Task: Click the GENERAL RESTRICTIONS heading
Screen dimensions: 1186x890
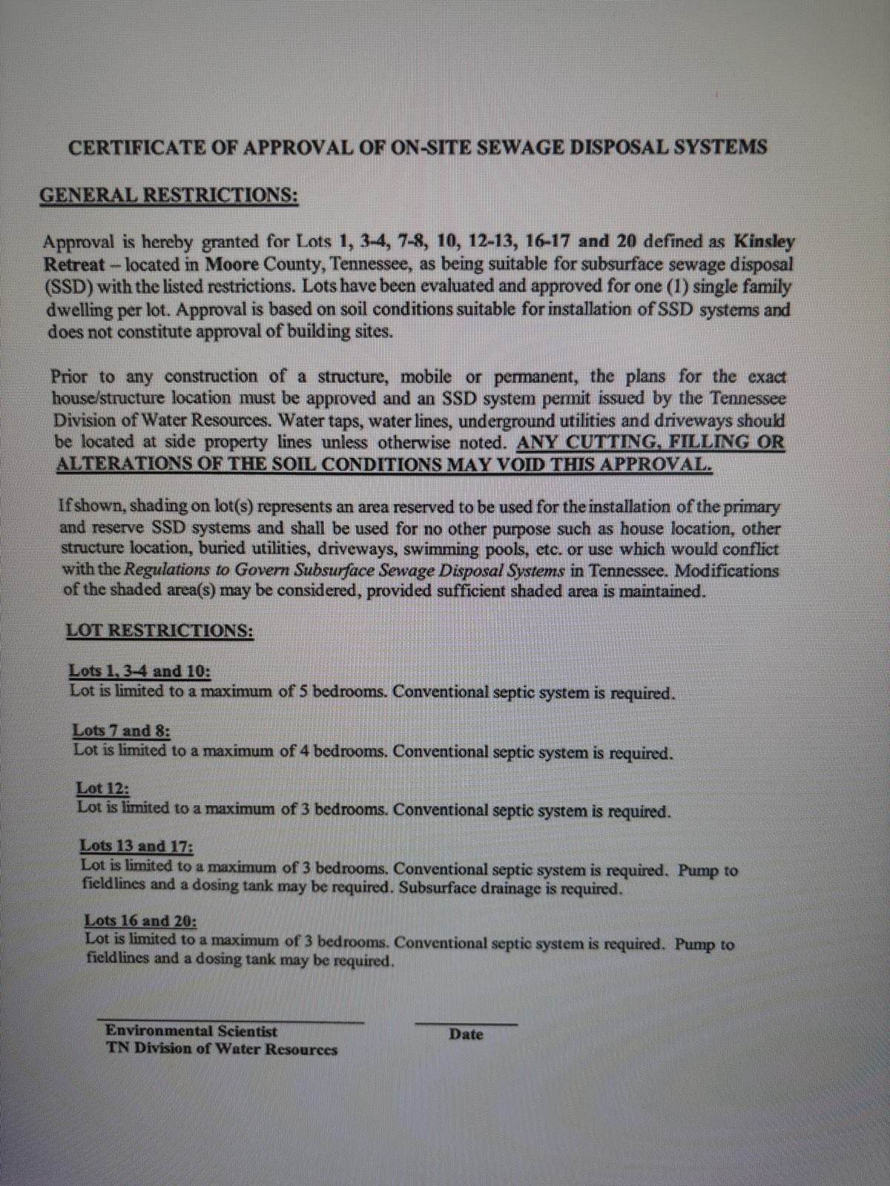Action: [x=168, y=196]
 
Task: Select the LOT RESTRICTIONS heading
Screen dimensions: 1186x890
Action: [x=159, y=632]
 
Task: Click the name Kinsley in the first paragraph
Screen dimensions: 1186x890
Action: [x=763, y=242]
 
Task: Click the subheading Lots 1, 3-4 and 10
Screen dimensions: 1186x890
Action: [x=139, y=672]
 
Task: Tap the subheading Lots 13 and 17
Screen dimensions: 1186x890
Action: [x=136, y=846]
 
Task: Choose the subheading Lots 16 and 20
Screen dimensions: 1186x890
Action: [x=140, y=921]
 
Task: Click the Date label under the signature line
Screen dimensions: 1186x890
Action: [x=466, y=1035]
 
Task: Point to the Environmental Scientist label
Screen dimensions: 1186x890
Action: [x=191, y=1031]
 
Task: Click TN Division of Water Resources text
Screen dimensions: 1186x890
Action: [x=221, y=1050]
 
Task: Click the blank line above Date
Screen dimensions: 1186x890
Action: [x=466, y=1023]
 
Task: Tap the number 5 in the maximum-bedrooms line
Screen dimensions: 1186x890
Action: [x=303, y=692]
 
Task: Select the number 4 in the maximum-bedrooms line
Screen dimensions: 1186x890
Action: [x=304, y=751]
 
